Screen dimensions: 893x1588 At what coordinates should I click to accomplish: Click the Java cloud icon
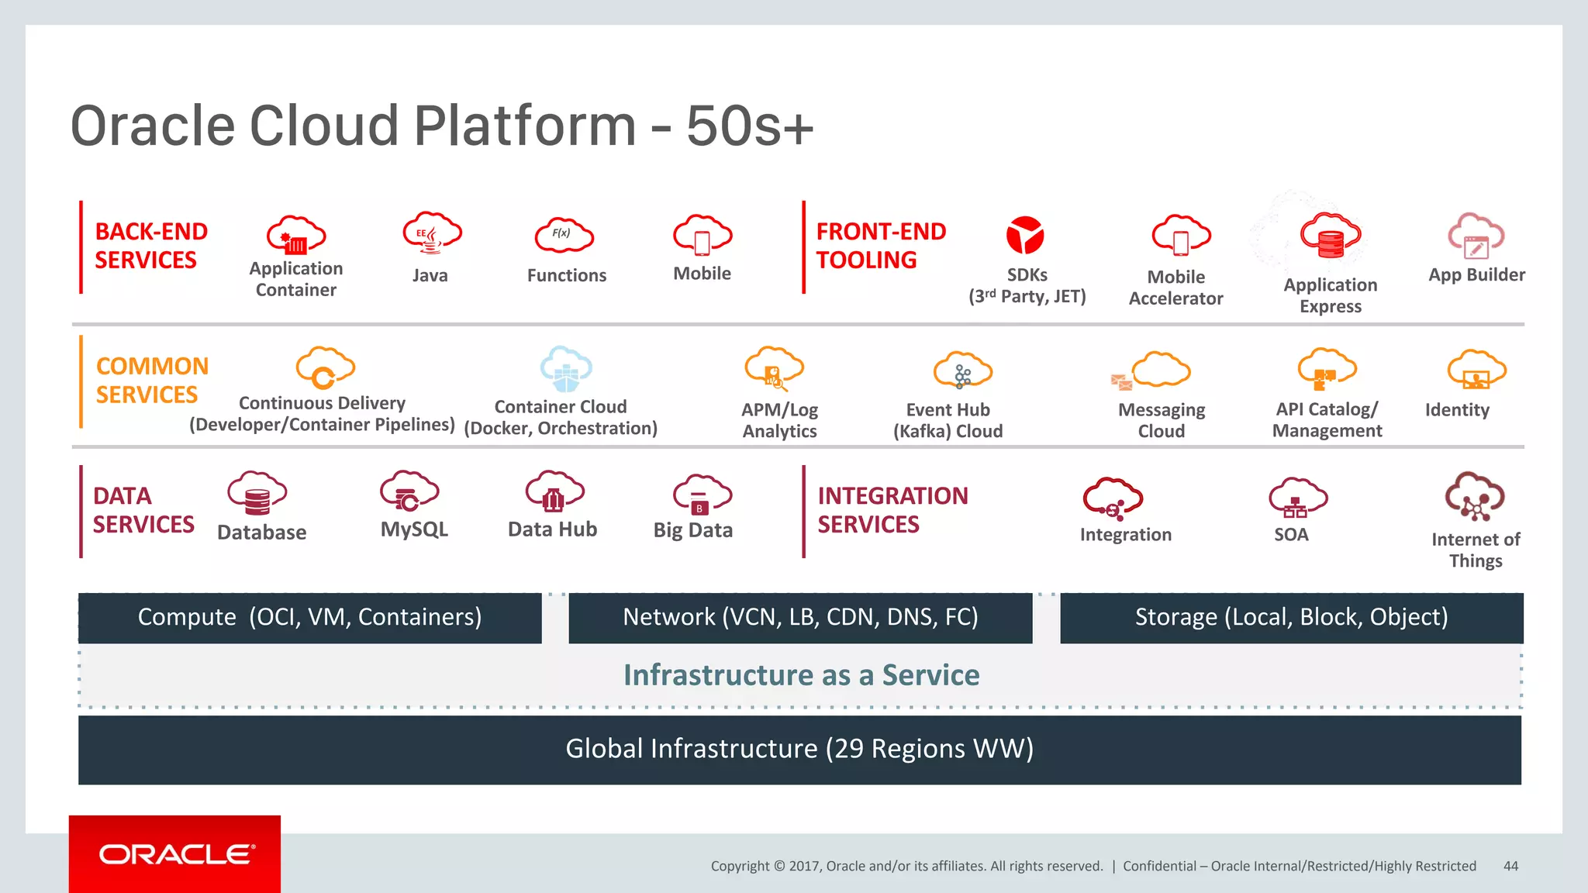point(431,233)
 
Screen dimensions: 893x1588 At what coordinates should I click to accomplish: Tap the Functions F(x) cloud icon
point(564,235)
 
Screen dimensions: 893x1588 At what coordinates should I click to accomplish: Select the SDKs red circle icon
point(1025,235)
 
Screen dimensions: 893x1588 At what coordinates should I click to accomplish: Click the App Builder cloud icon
point(1476,236)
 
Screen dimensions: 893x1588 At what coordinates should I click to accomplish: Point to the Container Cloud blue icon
point(566,370)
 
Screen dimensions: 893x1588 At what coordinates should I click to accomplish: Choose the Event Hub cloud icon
point(962,371)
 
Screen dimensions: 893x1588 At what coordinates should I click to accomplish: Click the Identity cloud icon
point(1476,371)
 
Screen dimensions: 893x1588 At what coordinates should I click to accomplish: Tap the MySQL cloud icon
point(409,492)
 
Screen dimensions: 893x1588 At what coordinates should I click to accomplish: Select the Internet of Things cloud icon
point(1474,497)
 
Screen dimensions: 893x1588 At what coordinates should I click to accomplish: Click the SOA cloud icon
point(1297,498)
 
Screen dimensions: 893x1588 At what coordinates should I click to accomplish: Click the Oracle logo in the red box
point(175,854)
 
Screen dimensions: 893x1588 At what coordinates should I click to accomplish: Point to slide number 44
point(1510,866)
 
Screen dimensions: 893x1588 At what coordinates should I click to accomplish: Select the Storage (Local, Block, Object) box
point(1291,618)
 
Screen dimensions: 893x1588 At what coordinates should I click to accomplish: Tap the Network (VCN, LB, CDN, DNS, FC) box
point(800,618)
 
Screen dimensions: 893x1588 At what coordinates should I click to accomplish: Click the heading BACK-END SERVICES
point(151,246)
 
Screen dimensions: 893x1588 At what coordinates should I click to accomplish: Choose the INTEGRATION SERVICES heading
point(892,510)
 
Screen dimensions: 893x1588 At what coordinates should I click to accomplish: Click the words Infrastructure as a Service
point(801,675)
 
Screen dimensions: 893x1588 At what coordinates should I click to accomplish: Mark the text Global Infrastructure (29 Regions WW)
point(799,749)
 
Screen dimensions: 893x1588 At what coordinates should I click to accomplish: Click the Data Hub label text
point(552,529)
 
